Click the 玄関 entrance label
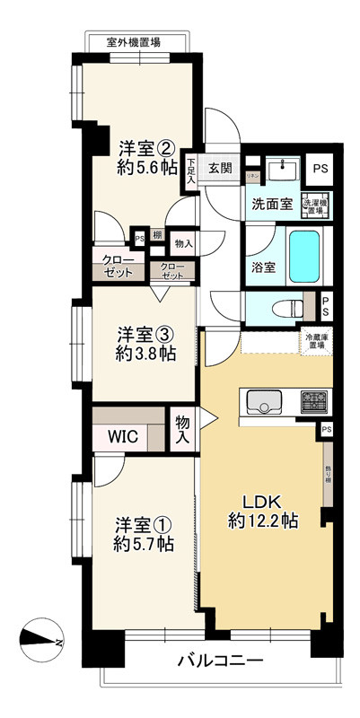pos(221,168)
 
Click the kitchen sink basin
pos(264,402)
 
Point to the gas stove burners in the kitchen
pos(314,400)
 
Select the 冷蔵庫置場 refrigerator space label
pos(315,341)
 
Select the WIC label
pos(122,437)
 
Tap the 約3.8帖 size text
pos(145,353)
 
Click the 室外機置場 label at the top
pos(127,41)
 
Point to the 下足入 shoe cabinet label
pos(191,171)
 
